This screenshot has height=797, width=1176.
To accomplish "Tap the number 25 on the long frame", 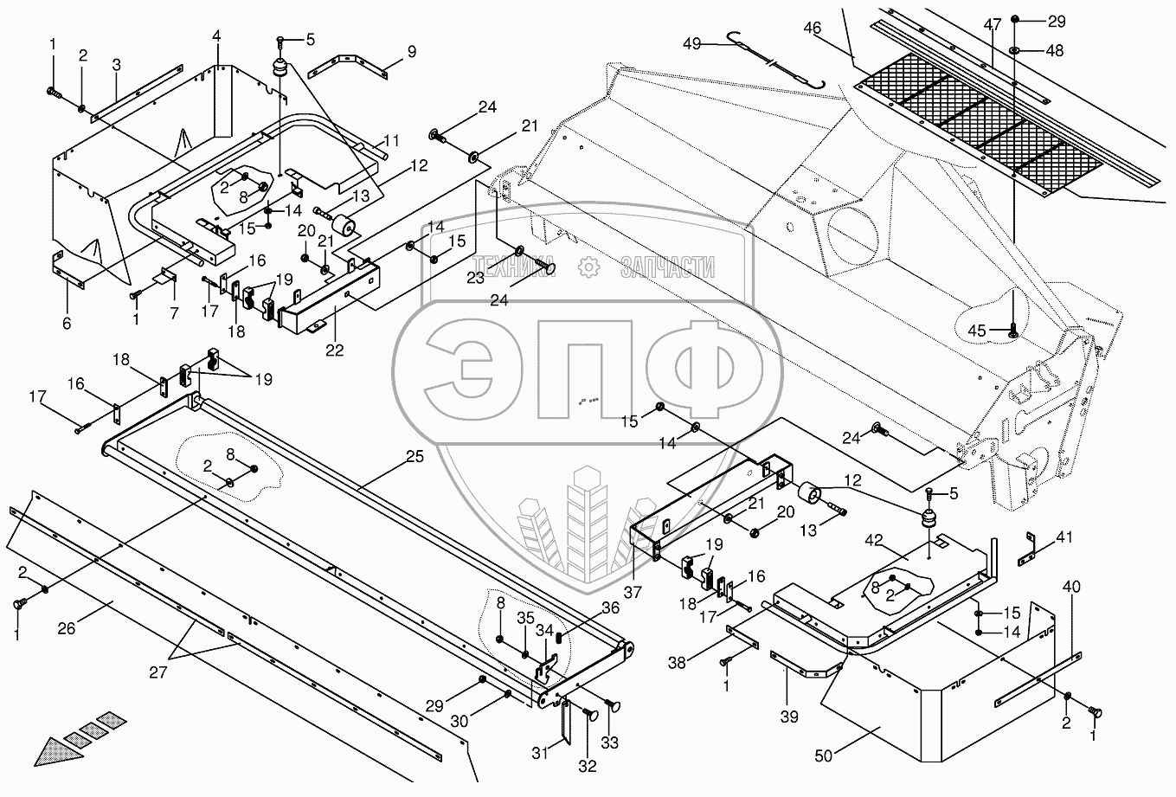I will [414, 457].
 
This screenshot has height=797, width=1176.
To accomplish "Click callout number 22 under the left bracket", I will [334, 350].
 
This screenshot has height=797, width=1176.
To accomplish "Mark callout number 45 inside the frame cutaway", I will [976, 329].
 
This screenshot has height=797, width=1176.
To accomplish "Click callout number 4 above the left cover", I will [216, 35].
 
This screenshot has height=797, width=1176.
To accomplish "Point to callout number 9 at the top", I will [411, 53].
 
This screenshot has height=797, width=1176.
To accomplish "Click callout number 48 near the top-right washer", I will [1054, 50].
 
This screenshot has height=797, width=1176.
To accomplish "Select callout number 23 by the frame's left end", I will [477, 278].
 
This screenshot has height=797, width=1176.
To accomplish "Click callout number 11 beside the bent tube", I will [392, 139].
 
